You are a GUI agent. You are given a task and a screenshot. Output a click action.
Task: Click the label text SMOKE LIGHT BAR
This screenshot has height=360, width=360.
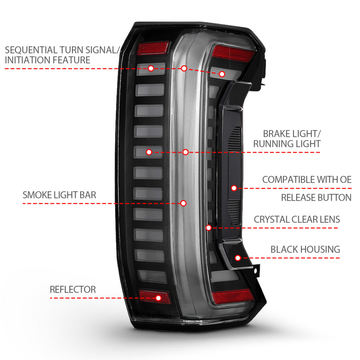point(59,195)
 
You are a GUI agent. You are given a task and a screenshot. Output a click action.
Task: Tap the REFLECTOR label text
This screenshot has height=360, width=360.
point(72,289)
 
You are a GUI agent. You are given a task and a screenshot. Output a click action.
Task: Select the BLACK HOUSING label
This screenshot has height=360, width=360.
point(305,249)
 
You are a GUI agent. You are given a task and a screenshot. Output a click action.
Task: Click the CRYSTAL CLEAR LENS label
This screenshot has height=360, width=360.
point(297,220)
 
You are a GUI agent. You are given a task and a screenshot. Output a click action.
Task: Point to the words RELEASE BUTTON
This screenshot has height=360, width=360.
point(316,198)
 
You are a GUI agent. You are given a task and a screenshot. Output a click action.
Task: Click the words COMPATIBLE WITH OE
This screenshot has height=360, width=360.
point(306,179)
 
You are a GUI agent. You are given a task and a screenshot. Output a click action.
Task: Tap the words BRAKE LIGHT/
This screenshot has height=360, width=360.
point(292,134)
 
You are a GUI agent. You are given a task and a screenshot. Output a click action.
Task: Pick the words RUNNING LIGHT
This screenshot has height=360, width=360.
point(287,144)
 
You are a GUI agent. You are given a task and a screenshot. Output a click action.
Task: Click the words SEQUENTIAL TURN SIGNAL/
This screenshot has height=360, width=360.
point(62,49)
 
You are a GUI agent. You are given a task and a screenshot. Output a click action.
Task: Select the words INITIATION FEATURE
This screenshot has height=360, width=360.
point(47,60)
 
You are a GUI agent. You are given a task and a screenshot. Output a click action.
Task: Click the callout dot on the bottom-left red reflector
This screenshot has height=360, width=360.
point(158,297)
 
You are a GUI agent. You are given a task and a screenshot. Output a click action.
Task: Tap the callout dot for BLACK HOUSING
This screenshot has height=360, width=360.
point(238,258)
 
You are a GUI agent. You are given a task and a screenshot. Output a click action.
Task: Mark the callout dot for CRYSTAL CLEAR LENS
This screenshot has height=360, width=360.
point(209,228)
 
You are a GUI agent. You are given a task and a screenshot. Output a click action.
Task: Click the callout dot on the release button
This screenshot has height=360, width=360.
point(234,188)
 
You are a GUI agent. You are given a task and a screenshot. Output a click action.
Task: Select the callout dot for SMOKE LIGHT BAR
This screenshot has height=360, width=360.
point(183,203)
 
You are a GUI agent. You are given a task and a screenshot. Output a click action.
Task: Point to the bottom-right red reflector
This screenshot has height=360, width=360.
point(232,295)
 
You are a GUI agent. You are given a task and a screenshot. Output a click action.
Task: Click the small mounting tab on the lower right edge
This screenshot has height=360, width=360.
point(256,270)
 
